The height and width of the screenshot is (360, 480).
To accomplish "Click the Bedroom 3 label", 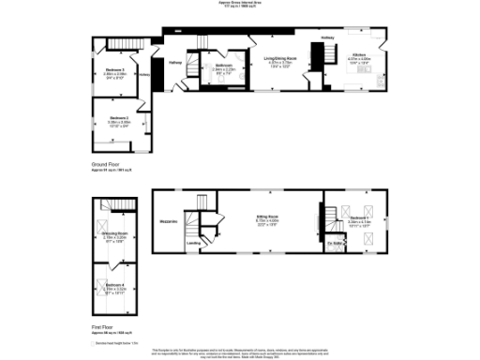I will coord(114,71).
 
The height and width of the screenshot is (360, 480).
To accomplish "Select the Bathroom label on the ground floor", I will coord(222,66).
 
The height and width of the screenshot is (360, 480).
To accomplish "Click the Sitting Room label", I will coord(269,217).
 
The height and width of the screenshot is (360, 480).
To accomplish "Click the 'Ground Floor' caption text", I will coord(107,163).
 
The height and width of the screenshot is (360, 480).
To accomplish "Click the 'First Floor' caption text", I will coord(103,328).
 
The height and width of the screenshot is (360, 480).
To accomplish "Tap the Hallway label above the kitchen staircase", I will coord(328,38).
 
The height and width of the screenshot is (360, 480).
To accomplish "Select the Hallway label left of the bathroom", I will coord(174,63).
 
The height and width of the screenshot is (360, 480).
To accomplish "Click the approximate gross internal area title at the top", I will coord(240,5).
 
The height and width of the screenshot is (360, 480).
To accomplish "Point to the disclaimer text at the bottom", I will coord(240,349).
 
